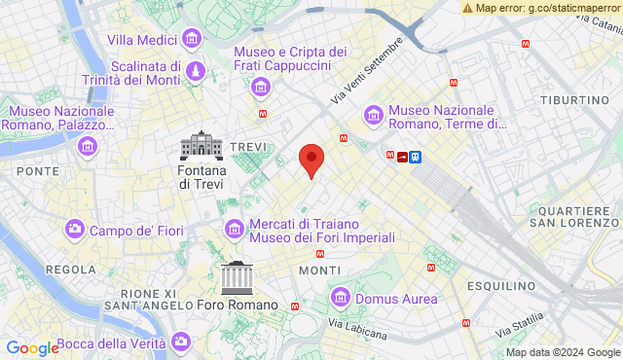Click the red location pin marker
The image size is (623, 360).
[x=311, y=159]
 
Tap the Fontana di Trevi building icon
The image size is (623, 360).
[x=202, y=146]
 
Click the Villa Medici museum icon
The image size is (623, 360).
[x=192, y=39]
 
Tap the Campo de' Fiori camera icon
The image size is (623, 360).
[x=74, y=230]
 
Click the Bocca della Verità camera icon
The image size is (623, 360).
[x=181, y=342]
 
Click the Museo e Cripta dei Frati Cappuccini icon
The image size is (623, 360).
[x=260, y=89]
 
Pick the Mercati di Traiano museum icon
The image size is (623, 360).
[x=235, y=230]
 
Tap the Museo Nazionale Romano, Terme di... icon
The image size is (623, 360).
[x=373, y=116]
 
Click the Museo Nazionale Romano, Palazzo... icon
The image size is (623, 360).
[x=89, y=147]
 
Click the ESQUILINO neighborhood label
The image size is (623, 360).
[x=502, y=286]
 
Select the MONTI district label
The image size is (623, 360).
[x=320, y=270]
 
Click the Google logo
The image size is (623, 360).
[x=32, y=348]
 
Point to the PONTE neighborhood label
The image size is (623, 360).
[x=37, y=170]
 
